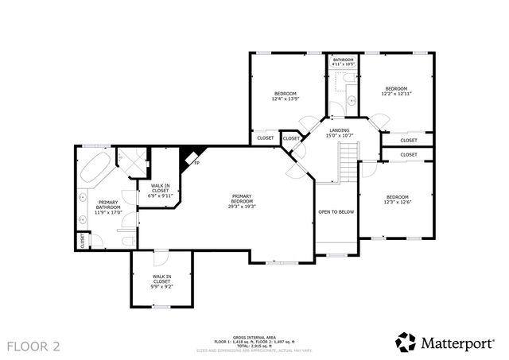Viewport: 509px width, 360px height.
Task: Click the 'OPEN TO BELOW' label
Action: pyautogui.click(x=336, y=212)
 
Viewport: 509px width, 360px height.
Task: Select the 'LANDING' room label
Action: pyautogui.click(x=340, y=130)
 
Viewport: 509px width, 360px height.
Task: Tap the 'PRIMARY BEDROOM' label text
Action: pyautogui.click(x=243, y=199)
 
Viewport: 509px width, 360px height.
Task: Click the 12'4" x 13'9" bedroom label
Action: pyautogui.click(x=286, y=96)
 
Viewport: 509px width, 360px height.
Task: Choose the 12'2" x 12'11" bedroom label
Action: pyautogui.click(x=396, y=91)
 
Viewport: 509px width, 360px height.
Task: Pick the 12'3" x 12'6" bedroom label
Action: pyautogui.click(x=397, y=199)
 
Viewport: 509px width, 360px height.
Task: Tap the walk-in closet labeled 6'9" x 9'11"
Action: pyautogui.click(x=161, y=192)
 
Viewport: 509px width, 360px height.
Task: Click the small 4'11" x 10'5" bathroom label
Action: pyautogui.click(x=344, y=62)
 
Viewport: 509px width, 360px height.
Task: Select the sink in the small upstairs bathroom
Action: pyautogui.click(x=351, y=101)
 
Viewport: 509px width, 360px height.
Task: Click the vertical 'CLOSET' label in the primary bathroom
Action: pyautogui.click(x=82, y=239)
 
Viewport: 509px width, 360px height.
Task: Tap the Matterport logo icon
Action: pyautogui.click(x=406, y=341)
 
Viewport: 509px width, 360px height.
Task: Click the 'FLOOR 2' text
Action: pyautogui.click(x=33, y=346)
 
